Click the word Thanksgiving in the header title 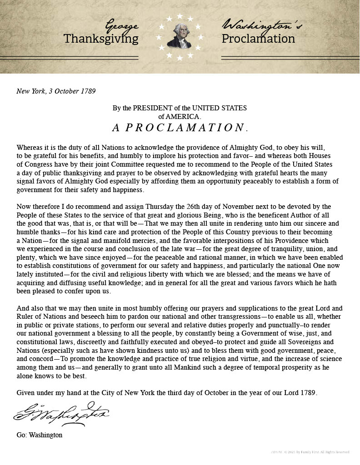pos(101,39)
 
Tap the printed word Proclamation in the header pos(258,39)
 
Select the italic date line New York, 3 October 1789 pos(56,91)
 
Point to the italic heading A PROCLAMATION pos(180,128)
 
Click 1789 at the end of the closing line pos(308,392)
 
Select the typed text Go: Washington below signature pos(40,435)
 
